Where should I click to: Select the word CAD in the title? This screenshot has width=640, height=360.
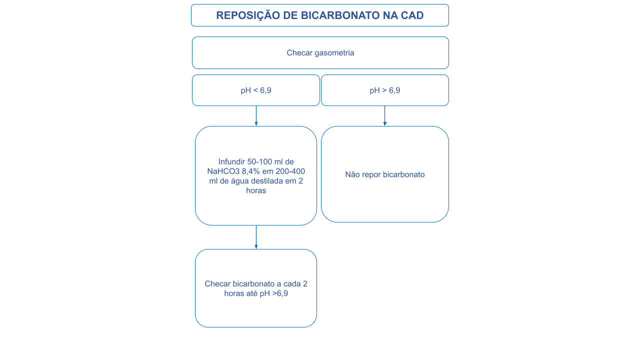412,15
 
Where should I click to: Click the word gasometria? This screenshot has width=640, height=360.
334,52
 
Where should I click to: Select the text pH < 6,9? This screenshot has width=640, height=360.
256,90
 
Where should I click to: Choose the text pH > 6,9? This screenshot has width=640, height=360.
385,90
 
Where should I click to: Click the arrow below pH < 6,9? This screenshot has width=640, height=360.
256,116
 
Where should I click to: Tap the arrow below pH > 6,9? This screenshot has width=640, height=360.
384,116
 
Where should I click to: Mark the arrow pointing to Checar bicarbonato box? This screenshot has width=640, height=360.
256,237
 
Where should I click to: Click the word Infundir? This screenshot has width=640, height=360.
231,161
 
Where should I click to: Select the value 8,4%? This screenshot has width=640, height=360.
251,171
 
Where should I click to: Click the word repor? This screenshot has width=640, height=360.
372,174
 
